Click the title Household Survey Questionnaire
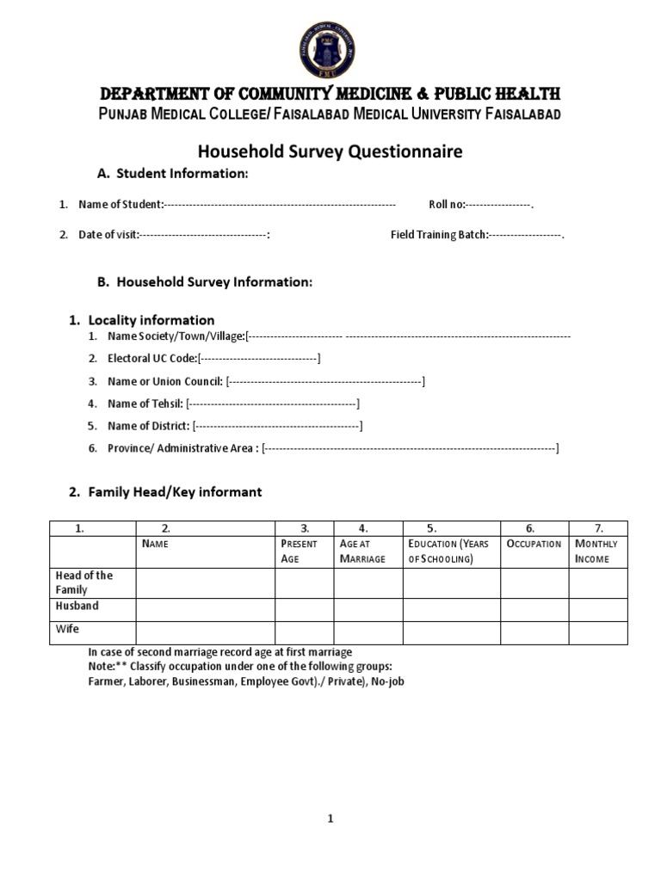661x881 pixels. tap(330, 151)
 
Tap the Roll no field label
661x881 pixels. tap(447, 205)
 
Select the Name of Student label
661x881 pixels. tap(120, 205)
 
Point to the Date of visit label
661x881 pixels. tap(108, 235)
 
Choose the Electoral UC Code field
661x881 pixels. tap(259, 358)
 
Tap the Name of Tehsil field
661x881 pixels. tap(273, 403)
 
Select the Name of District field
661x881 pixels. tap(277, 425)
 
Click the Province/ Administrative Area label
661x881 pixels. tap(182, 448)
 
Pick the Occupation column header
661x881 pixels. tap(534, 544)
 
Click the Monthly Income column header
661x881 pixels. tap(596, 551)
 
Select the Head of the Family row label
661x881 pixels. tap(84, 582)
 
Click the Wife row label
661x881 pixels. tap(67, 629)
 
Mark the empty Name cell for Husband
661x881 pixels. tap(205, 609)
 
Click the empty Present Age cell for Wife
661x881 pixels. tap(304, 632)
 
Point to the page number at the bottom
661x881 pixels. tap(330, 818)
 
